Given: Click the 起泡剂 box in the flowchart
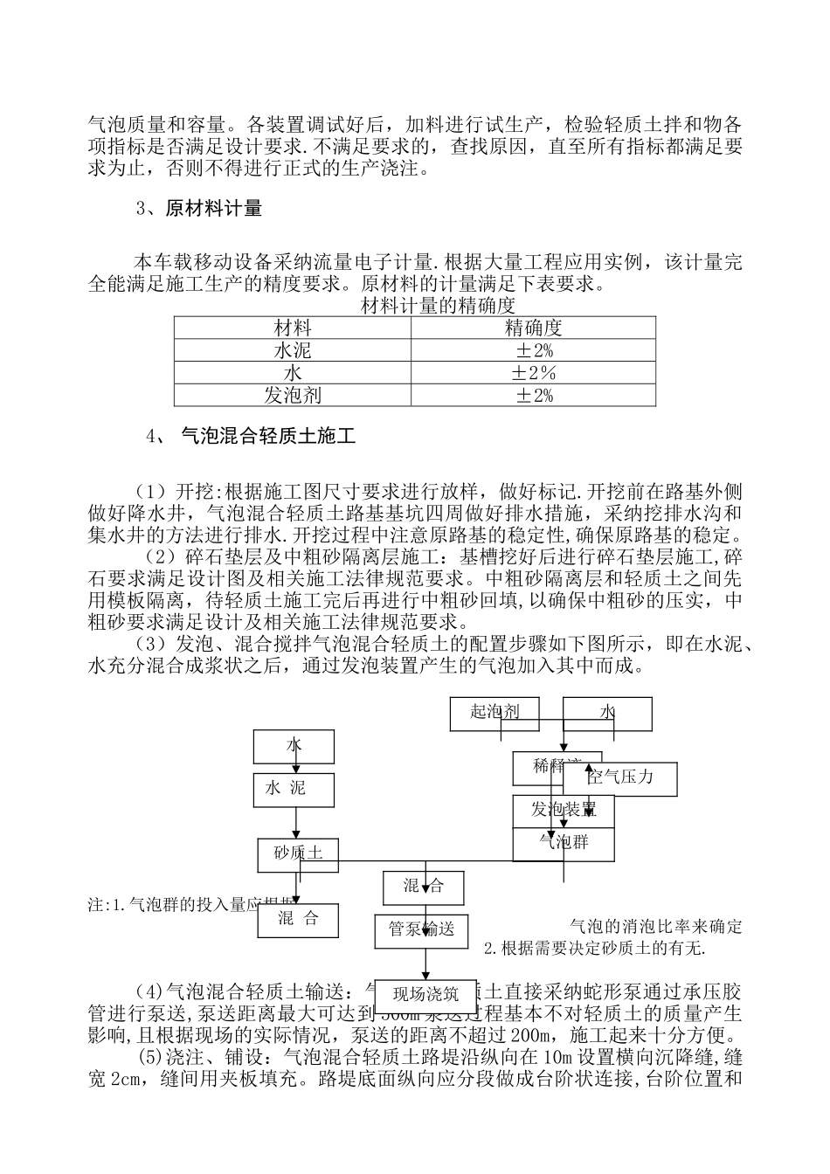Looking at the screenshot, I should pos(495,713).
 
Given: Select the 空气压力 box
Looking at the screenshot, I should pos(631,777).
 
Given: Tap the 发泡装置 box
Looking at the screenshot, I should pos(564,810).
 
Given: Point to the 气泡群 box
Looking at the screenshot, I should pos(564,843).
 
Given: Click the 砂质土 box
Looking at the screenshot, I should pos(298,853).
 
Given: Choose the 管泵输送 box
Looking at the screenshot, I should pos(423,929).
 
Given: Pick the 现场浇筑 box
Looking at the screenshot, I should pos(426,993).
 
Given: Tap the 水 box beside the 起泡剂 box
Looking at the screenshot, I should pos(607,713).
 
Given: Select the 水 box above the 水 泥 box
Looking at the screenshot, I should pos(294,745).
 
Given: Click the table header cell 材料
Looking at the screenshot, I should pos(292,328).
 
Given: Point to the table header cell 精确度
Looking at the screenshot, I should pos(534,328).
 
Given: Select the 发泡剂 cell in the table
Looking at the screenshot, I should pos(292,396).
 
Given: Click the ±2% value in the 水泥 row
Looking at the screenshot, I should pos(534,350).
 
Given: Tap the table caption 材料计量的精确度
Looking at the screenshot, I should pos(438,306).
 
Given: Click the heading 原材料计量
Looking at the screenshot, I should pos(213,209).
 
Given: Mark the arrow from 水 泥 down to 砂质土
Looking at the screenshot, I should pos(297,823).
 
